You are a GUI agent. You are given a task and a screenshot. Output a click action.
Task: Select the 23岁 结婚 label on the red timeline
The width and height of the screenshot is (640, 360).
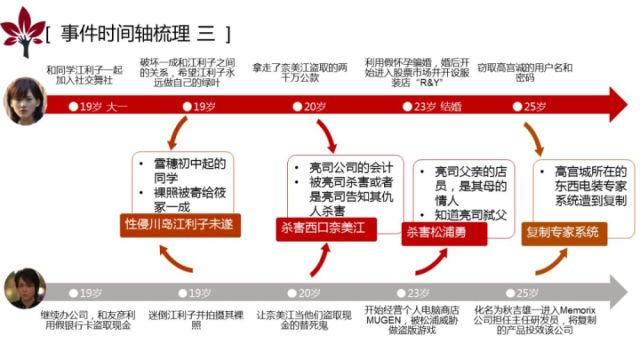coord(437,105)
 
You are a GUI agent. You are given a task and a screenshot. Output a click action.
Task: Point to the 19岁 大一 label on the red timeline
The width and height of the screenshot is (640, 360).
coord(103,105)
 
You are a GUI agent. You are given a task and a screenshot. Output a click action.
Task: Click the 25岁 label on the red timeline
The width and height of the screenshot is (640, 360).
coord(534,105)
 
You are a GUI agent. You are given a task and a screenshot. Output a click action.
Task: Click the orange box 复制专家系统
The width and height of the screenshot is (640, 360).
coord(562,232)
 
